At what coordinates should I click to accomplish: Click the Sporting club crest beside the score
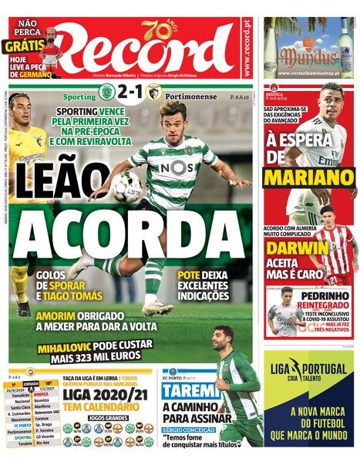[x=106, y=94]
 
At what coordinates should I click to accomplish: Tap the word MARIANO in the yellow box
[x=308, y=177]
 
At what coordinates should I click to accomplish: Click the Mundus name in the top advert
[x=308, y=56]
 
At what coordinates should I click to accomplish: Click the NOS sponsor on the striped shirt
[x=178, y=166]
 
